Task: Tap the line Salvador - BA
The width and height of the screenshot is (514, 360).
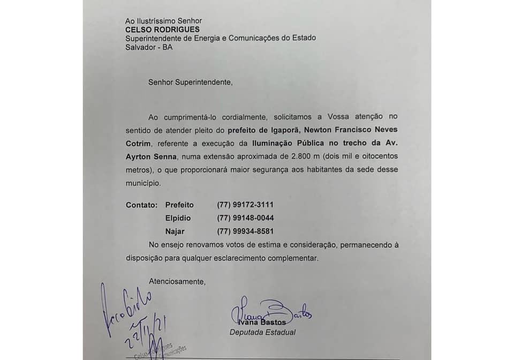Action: (149, 47)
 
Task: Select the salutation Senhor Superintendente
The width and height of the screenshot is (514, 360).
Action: (191, 82)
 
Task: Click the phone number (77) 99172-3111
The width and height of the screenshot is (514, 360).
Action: (245, 205)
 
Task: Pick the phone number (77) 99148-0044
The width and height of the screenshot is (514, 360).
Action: (245, 218)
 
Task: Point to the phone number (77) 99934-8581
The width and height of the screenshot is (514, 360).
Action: (245, 231)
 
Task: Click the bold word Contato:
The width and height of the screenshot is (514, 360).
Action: (141, 205)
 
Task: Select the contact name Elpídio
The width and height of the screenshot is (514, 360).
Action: (178, 218)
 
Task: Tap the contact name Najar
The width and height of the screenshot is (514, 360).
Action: (175, 231)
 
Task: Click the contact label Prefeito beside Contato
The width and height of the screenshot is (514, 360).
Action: (179, 205)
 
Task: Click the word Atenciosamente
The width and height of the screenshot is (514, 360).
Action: (177, 281)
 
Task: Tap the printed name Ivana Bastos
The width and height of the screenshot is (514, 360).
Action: (263, 322)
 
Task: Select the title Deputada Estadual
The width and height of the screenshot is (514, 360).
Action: (262, 332)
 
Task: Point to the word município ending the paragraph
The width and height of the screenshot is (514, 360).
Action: (142, 183)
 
